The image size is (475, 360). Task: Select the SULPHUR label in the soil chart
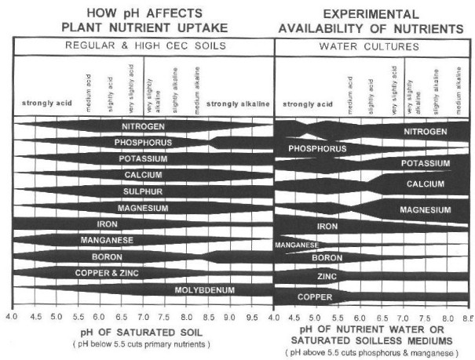tap(143, 191)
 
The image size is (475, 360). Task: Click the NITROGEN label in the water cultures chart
tap(426, 132)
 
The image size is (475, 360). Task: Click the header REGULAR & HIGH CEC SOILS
tap(144, 46)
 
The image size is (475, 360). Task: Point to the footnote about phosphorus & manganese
tap(373, 354)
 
